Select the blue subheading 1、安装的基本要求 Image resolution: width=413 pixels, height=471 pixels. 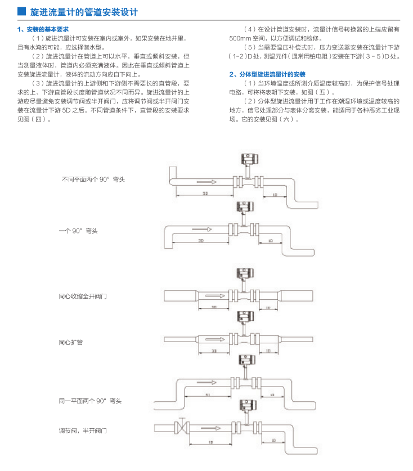point(43,29)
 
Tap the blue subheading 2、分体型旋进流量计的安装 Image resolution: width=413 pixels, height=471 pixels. point(267,74)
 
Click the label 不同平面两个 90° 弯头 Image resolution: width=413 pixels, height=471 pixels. point(93,180)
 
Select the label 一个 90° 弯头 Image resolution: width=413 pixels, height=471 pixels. point(78,231)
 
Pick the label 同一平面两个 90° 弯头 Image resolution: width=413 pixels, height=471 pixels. point(90,401)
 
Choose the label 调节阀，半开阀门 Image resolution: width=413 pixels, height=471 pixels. point(83,430)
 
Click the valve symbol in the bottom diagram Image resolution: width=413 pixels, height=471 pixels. point(181,427)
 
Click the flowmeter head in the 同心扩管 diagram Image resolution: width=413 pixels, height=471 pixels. point(244,316)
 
